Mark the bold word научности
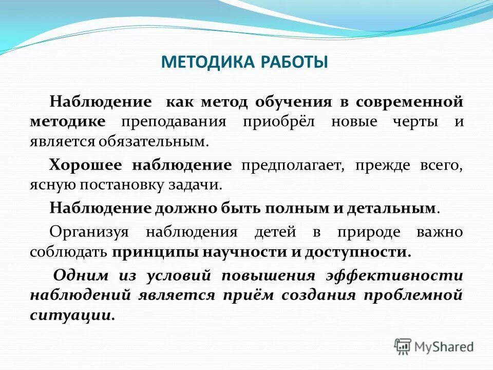tap(238, 252)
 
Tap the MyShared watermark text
tap(445, 346)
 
